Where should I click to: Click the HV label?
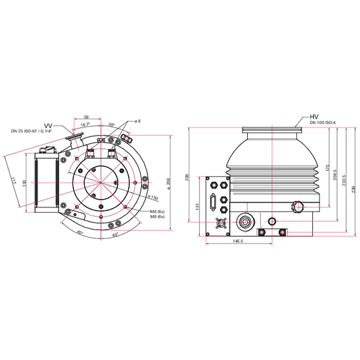(315, 116)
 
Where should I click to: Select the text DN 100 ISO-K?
(322, 122)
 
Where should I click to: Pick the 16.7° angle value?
(85, 125)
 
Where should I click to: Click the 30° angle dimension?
(111, 125)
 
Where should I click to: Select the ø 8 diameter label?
(137, 121)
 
